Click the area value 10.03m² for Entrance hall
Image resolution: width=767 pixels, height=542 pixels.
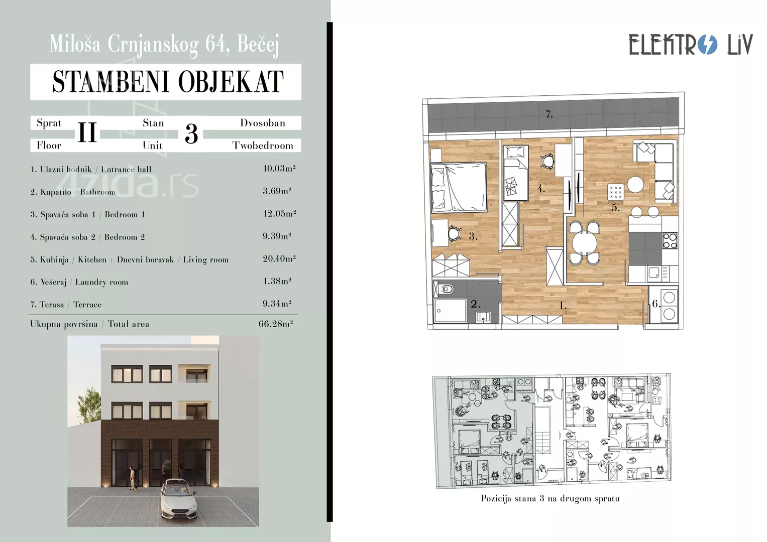click(279, 168)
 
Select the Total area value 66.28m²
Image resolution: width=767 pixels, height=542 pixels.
click(276, 324)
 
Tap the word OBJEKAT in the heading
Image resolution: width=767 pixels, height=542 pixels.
click(231, 82)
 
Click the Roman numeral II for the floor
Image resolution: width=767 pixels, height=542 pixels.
click(87, 133)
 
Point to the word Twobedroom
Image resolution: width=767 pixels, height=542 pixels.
click(263, 146)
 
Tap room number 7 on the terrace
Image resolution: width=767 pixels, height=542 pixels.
click(549, 114)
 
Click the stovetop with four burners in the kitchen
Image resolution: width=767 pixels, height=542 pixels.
click(670, 240)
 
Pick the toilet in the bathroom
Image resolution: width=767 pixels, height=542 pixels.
click(446, 290)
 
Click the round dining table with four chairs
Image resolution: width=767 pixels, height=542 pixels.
click(584, 243)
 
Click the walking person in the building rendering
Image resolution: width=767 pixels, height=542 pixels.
click(132, 479)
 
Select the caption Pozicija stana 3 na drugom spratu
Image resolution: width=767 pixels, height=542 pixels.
click(550, 498)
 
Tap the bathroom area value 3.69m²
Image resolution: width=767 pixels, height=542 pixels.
click(277, 191)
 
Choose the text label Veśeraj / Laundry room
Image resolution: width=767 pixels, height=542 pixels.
click(79, 282)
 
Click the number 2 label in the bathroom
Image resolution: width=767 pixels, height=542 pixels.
click(475, 304)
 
